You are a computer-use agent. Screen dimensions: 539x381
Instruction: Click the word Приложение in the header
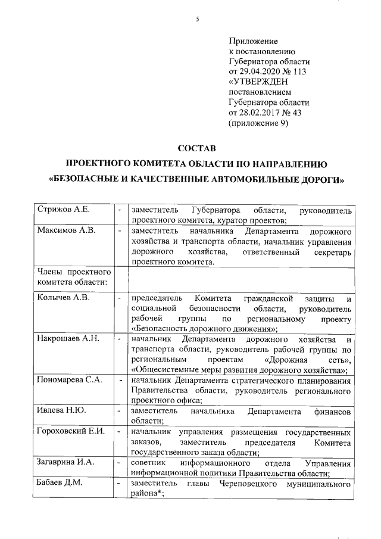pos(254,41)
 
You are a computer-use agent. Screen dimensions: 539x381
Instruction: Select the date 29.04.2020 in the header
pos(261,71)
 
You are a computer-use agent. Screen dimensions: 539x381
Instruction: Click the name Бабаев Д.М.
pos(60,483)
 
